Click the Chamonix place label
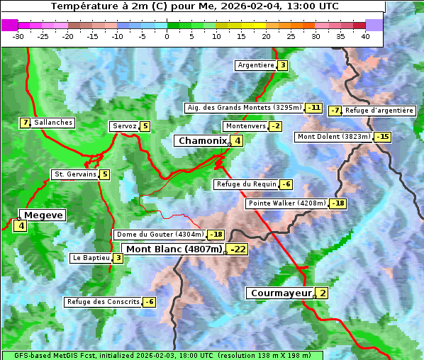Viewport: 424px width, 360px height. click(202, 141)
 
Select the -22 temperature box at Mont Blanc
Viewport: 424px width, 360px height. click(238, 249)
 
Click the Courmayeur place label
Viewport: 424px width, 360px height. click(281, 293)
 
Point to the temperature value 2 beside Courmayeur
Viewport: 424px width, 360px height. click(323, 293)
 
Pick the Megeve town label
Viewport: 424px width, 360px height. click(44, 215)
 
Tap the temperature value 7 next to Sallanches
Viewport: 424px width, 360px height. click(26, 123)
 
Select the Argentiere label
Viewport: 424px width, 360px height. click(256, 65)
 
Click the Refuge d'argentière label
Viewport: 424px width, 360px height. click(379, 111)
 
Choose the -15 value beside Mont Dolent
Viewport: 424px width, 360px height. click(383, 137)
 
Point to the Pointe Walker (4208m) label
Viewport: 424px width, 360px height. click(286, 203)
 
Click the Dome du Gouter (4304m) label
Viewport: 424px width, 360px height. click(160, 235)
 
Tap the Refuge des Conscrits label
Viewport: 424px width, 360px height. click(104, 302)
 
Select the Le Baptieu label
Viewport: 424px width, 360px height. click(91, 258)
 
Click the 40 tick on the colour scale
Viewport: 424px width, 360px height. click(365, 36)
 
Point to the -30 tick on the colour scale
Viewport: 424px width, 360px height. click(18, 36)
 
